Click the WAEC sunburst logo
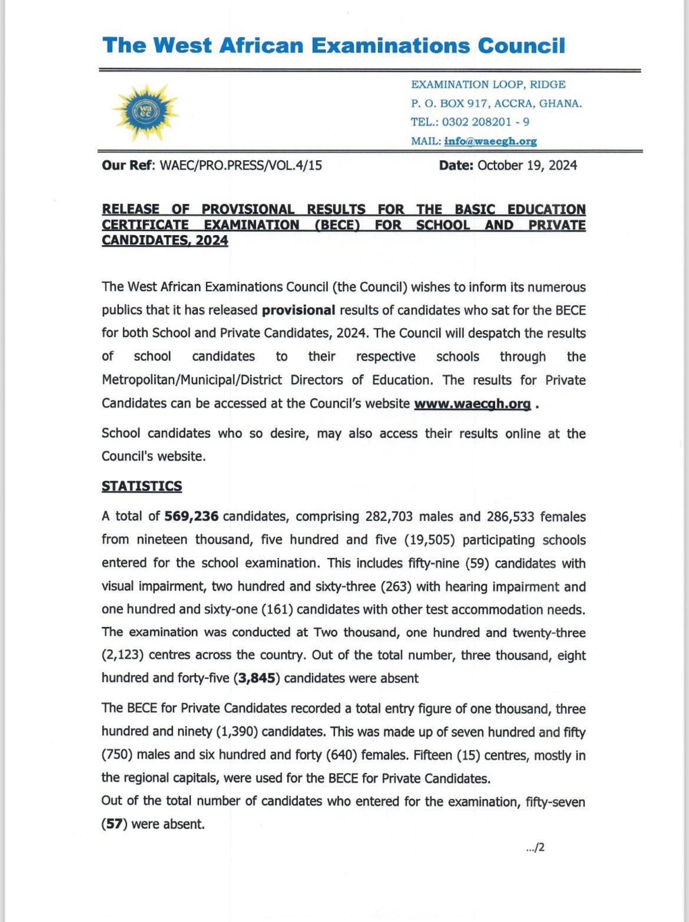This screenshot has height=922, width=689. coord(145,112)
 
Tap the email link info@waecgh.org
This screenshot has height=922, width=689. coord(490,141)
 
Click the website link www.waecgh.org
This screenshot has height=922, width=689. coord(472,404)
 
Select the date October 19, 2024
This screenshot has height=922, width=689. coord(527,166)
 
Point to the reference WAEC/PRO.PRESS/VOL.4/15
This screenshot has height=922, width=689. coord(241,166)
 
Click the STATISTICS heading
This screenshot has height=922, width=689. coord(142,486)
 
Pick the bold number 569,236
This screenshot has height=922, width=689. coord(191,516)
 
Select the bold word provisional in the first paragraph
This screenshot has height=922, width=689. coord(299,310)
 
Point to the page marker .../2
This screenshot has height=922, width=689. coord(535,848)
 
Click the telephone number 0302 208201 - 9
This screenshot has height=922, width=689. coord(485,122)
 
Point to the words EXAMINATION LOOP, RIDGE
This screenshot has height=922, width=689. coord(488,85)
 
